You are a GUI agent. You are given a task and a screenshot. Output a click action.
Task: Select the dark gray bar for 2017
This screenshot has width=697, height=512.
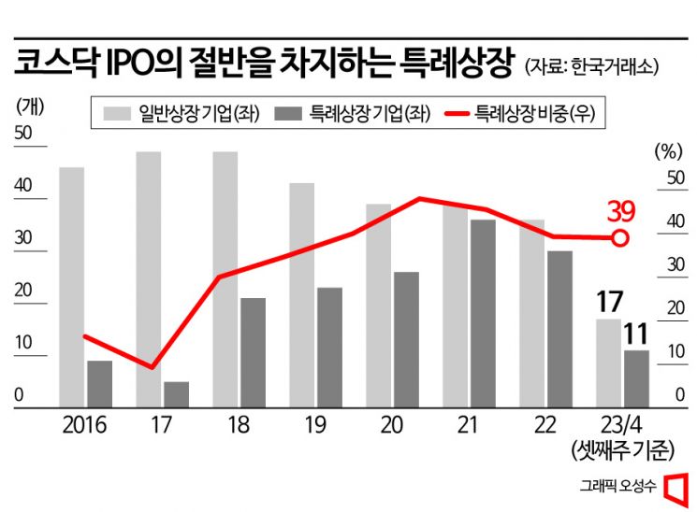coord(176,393)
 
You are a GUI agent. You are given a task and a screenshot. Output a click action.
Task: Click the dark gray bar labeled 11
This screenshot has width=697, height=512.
coord(636,377)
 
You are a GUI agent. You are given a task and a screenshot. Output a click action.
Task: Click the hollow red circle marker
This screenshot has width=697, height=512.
coord(619,238)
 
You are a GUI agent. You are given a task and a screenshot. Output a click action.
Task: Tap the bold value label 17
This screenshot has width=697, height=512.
coord(608,303)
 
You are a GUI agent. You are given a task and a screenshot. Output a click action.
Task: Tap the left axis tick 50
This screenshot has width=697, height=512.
coord(22,134)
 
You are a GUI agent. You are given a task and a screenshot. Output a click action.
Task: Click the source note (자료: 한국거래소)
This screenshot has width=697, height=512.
coord(592,67)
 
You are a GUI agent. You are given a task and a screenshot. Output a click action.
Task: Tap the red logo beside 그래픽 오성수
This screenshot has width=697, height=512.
coord(675,486)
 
